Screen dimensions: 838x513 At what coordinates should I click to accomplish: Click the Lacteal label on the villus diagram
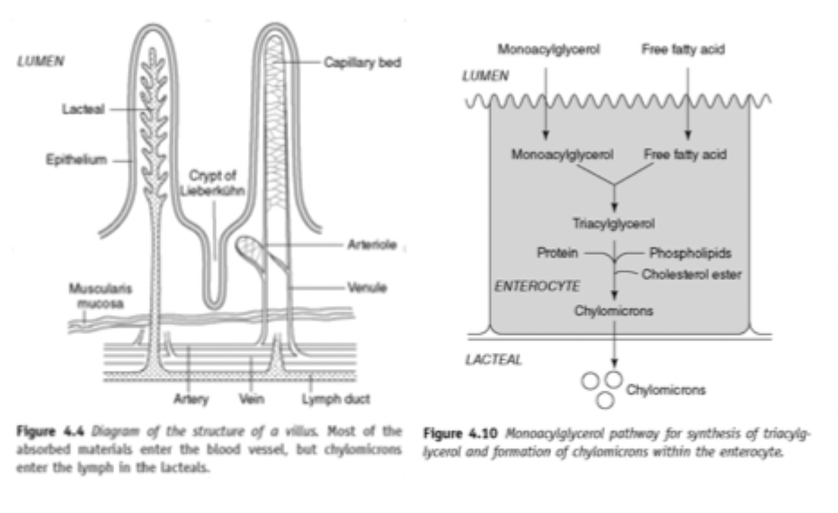(x=83, y=109)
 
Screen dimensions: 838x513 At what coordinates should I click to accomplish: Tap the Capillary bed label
(x=362, y=63)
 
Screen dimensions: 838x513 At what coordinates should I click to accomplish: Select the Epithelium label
(x=76, y=159)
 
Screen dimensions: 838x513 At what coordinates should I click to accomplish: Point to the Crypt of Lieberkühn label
(x=213, y=183)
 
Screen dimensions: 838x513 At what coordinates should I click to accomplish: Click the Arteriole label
(x=372, y=245)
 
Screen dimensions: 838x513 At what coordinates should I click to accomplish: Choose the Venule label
(x=367, y=287)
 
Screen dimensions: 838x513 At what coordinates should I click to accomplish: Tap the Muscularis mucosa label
(x=101, y=296)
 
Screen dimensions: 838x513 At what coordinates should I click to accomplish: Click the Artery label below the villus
(x=191, y=399)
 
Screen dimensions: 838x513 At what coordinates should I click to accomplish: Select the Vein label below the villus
(x=252, y=399)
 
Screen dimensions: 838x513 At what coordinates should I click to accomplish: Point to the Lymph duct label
(x=335, y=399)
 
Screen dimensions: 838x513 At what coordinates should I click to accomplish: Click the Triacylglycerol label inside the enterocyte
(x=613, y=223)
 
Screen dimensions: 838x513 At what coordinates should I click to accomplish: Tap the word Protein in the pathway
(x=557, y=253)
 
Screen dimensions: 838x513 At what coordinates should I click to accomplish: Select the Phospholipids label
(x=691, y=253)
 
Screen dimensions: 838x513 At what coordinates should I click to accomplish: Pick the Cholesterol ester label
(x=691, y=274)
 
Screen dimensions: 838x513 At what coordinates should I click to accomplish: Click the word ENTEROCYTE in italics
(x=537, y=286)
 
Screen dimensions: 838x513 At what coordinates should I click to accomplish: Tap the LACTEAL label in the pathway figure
(x=494, y=359)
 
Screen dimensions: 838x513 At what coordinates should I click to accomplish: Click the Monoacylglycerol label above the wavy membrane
(x=548, y=49)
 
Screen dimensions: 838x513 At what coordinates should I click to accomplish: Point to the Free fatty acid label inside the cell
(x=685, y=155)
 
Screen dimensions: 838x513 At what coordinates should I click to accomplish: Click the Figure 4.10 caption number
(x=460, y=433)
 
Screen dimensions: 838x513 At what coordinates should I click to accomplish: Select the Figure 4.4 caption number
(x=50, y=431)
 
